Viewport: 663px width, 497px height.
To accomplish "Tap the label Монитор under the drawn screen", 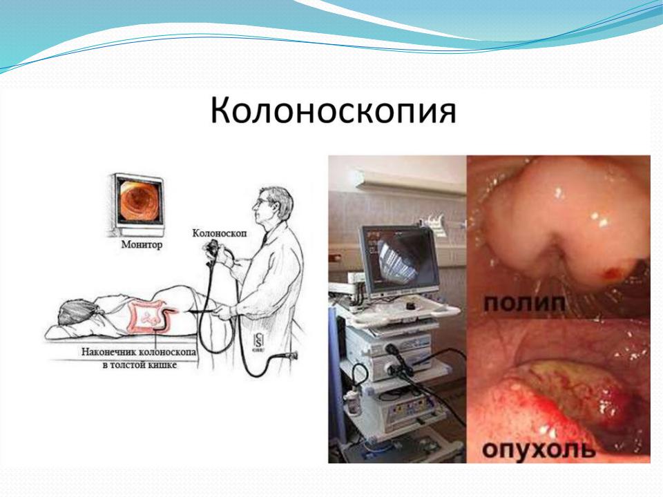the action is (142, 244).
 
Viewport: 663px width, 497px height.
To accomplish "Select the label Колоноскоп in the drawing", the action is (220, 233).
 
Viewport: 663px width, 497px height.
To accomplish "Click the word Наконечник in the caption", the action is (109, 351).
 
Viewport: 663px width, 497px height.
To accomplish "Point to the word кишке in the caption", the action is (162, 364).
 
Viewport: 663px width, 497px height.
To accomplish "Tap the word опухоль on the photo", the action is (539, 449).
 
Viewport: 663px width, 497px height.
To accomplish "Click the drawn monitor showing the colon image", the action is (137, 203).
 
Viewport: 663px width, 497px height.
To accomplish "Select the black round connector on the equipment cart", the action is (391, 349).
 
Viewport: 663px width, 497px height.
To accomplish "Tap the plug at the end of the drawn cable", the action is (291, 355).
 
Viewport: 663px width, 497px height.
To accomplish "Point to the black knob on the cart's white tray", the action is (410, 305).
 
